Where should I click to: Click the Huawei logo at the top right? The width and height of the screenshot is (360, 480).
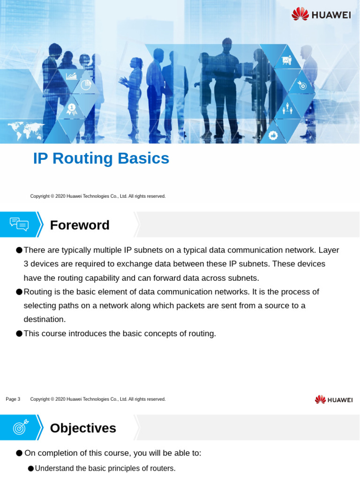tap(321, 14)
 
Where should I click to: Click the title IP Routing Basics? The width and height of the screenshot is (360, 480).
tap(101, 158)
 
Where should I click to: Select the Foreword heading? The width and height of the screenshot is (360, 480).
tap(80, 225)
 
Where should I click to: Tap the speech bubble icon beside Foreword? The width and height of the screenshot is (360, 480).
tap(19, 225)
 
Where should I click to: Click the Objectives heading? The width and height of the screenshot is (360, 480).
tap(83, 428)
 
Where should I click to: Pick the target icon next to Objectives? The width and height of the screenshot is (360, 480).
tap(20, 427)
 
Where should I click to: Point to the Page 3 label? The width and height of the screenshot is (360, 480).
tap(13, 399)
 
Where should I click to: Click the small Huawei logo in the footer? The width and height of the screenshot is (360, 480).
tap(333, 399)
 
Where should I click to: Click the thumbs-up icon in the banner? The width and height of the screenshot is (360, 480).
tap(273, 135)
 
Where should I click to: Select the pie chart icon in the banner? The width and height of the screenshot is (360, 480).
tap(86, 84)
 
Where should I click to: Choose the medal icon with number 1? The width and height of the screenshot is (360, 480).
tap(71, 109)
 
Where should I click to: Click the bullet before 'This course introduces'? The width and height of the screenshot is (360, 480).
tap(19, 334)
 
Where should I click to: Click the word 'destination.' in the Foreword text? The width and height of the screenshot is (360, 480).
tap(45, 320)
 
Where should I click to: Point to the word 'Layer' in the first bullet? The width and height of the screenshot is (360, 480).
tap(329, 250)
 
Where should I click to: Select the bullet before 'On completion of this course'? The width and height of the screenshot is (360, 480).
tap(19, 453)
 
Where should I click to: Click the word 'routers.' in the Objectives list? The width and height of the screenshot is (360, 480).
tap(162, 468)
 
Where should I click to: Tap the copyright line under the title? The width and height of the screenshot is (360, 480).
tap(97, 196)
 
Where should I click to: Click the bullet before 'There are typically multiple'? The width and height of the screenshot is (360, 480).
tap(19, 250)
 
